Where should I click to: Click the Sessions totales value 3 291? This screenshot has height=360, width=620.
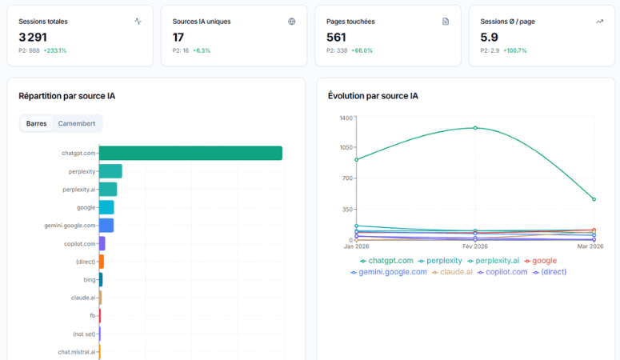click(33, 37)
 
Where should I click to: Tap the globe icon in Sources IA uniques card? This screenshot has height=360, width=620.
click(291, 22)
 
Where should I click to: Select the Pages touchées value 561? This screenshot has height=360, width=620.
click(337, 37)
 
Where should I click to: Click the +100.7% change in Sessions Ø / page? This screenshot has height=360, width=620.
click(514, 50)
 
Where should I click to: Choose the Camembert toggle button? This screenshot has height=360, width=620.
click(77, 124)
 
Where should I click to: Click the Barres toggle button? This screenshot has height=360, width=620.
click(36, 124)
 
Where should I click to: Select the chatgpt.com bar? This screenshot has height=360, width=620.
click(190, 153)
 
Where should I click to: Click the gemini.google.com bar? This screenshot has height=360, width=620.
click(106, 226)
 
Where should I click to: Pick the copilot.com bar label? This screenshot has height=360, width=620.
click(80, 243)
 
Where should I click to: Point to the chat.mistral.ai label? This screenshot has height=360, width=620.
click(77, 351)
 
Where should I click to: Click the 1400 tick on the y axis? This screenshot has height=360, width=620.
click(346, 118)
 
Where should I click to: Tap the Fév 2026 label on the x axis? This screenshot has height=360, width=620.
click(475, 246)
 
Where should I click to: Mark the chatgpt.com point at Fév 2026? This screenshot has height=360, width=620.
click(475, 127)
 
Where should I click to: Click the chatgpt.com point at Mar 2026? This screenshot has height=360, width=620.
click(594, 199)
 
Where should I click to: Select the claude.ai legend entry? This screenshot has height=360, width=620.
click(452, 272)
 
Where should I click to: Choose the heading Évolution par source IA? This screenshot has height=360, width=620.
click(373, 96)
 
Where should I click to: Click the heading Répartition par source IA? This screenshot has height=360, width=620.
click(67, 96)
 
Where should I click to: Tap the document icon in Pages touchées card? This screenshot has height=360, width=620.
click(446, 22)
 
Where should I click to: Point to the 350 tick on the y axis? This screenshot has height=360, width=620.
click(346, 210)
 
